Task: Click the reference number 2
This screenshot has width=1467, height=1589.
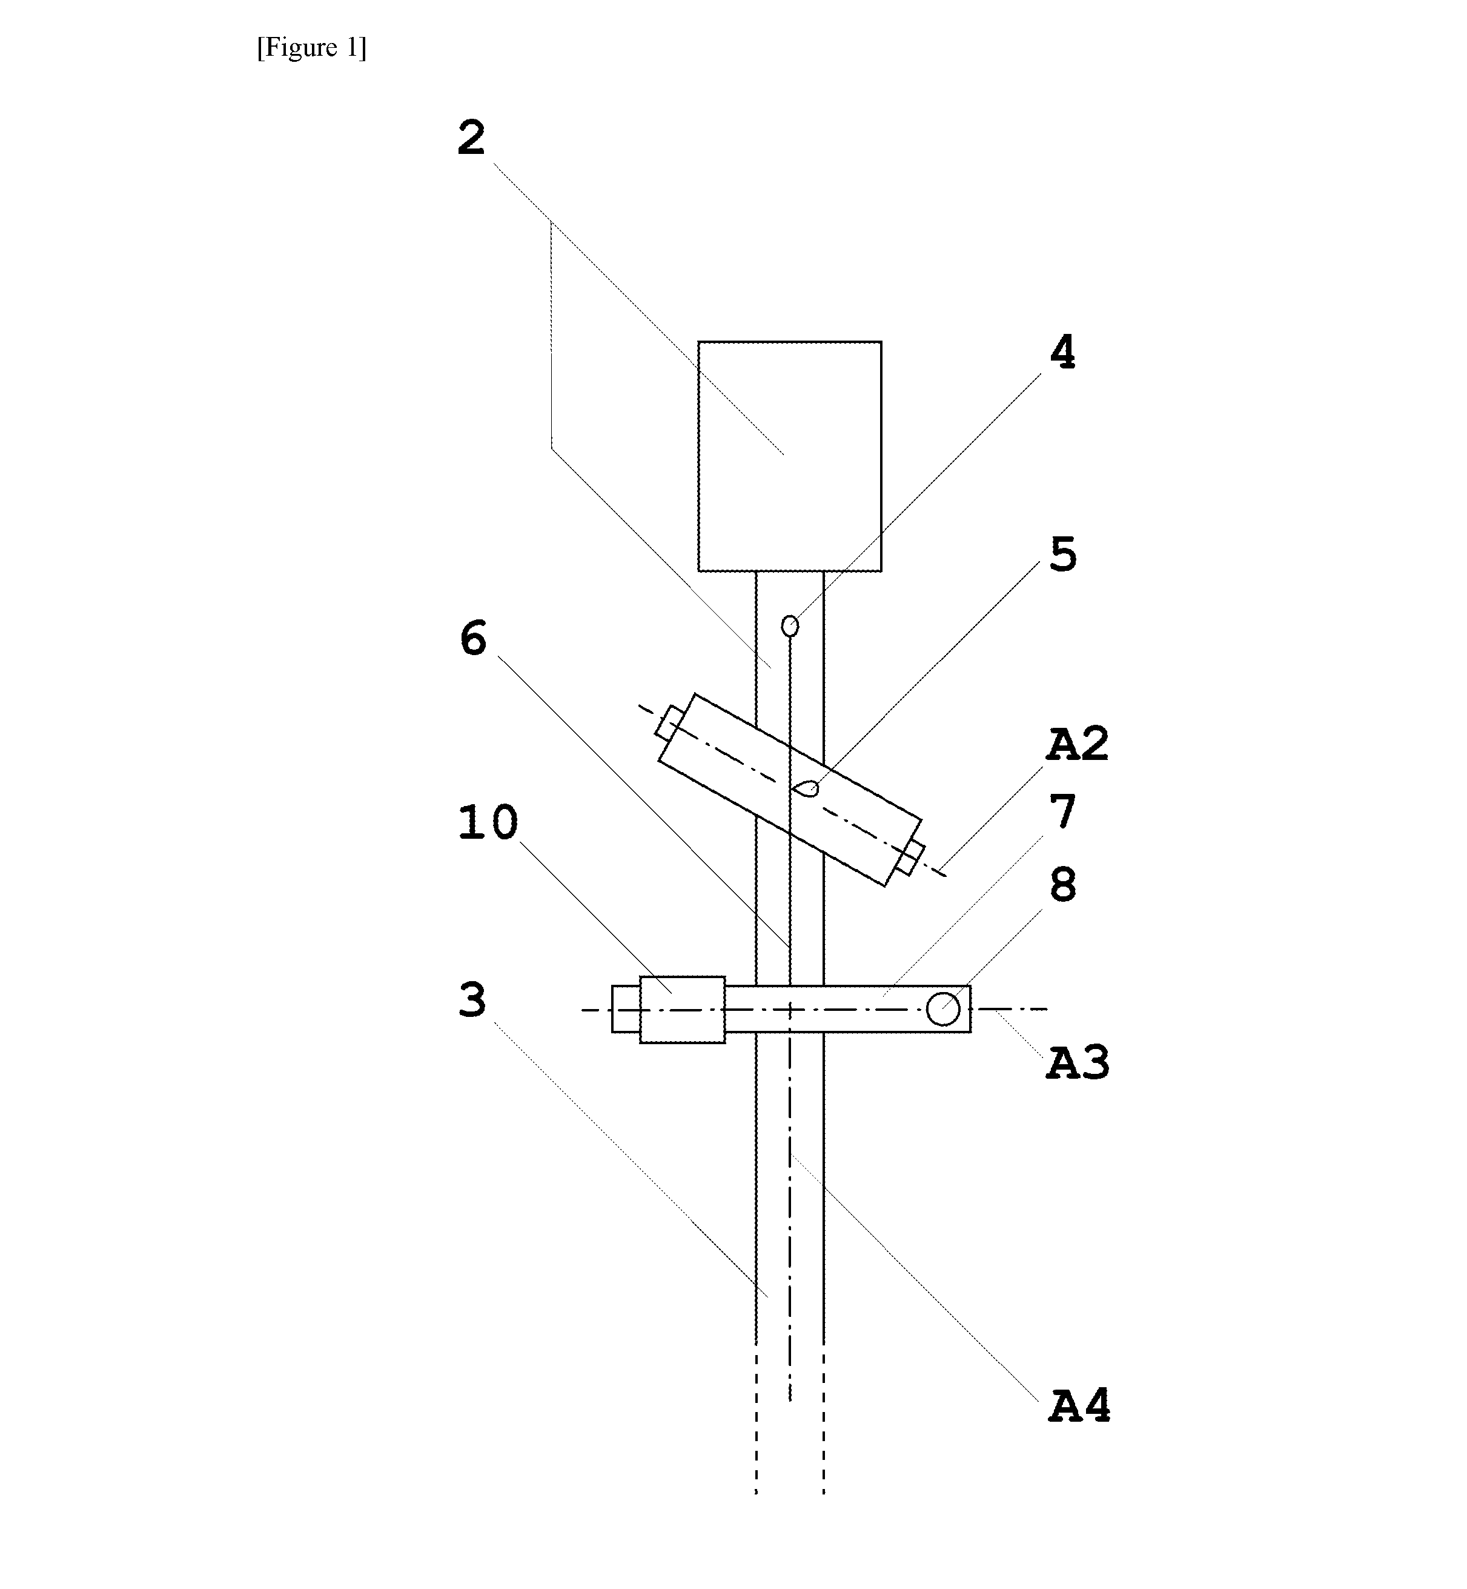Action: pyautogui.click(x=471, y=138)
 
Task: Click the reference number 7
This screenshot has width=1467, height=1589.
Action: pyautogui.click(x=1063, y=811)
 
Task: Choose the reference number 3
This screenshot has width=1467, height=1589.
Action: pyautogui.click(x=472, y=1000)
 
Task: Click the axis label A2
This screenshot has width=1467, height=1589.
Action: pyautogui.click(x=1077, y=744)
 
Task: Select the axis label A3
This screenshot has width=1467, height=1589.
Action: pyautogui.click(x=1077, y=1062)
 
